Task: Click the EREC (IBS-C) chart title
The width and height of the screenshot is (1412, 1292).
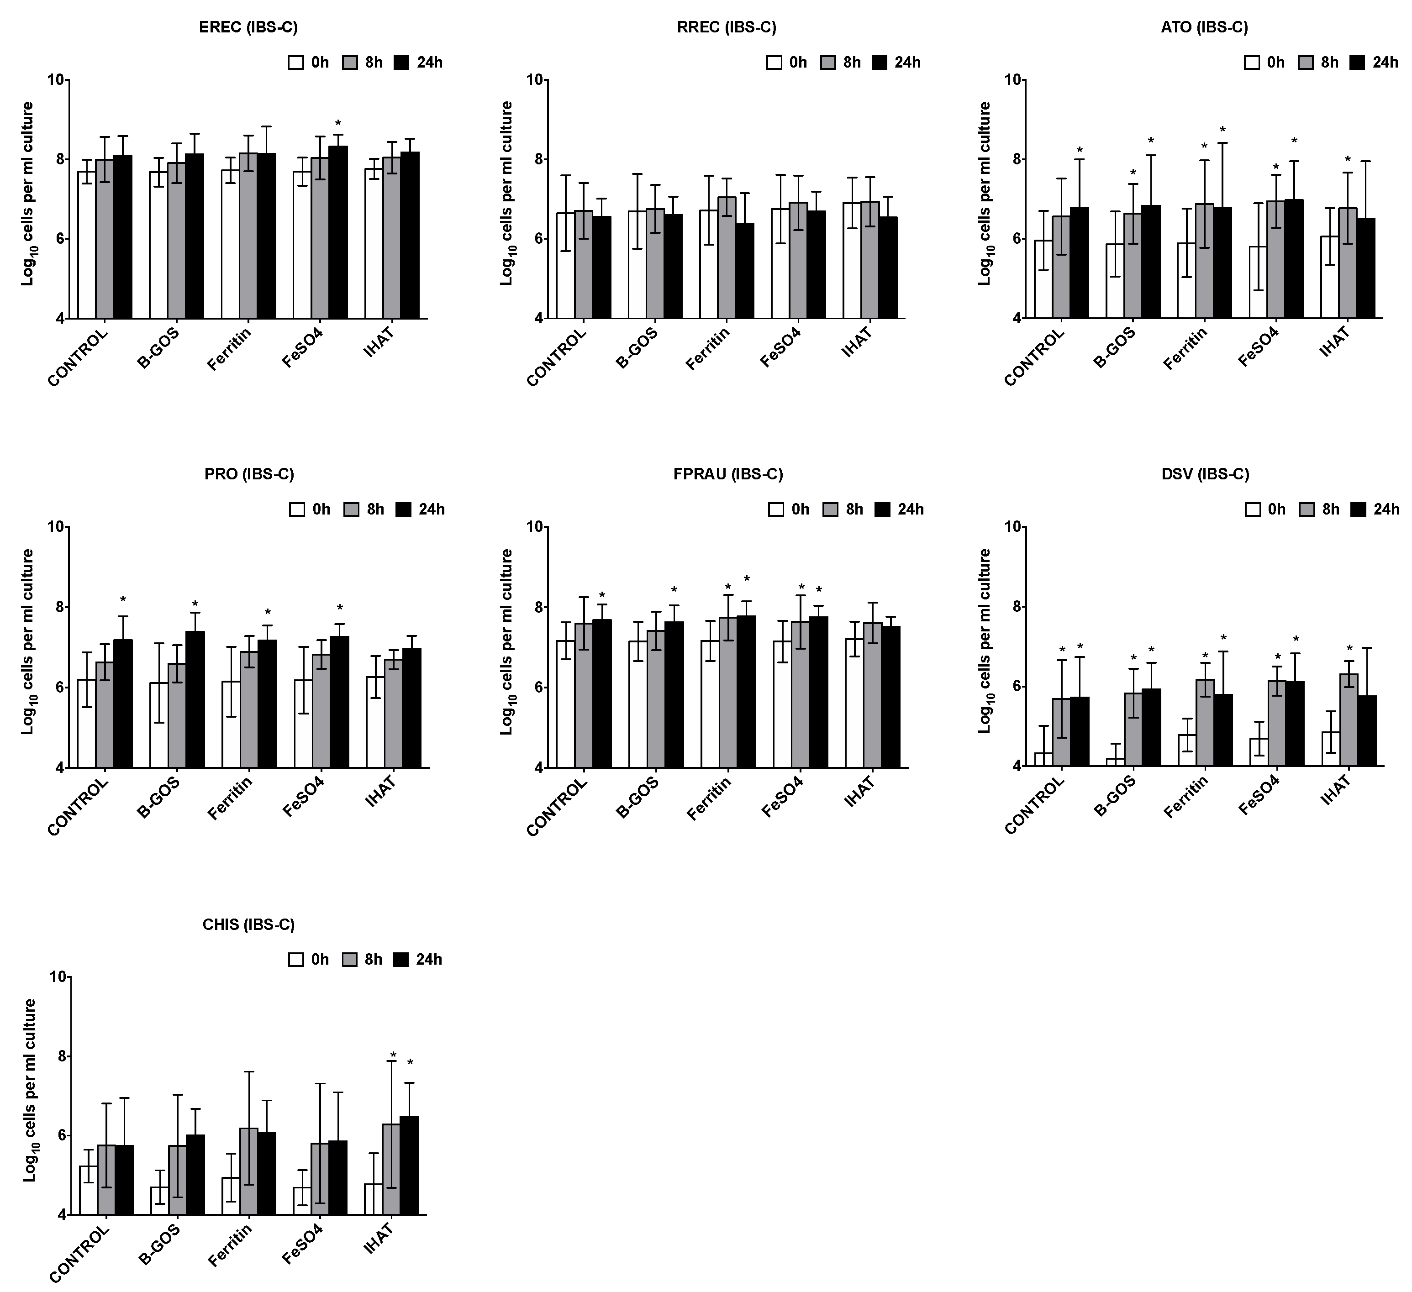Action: click(248, 28)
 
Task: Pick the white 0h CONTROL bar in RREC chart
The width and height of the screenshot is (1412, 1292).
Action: click(566, 266)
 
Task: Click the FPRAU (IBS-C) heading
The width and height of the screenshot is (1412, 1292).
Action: click(728, 474)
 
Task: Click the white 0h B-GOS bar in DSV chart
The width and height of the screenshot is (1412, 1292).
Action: click(1116, 762)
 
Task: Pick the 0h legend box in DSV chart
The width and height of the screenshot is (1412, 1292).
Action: click(1253, 509)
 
